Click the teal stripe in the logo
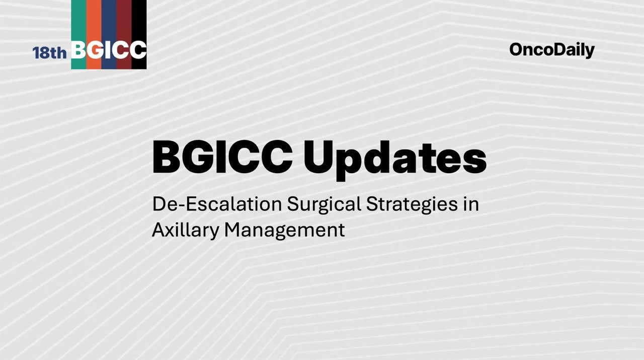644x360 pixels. pos(78,20)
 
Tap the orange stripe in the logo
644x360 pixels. pos(94,20)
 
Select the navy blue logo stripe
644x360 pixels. pos(109,20)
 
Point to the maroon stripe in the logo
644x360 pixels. pos(124,20)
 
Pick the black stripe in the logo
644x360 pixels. pos(139,20)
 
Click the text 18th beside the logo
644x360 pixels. pos(50,52)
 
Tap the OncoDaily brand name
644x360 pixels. pos(552,50)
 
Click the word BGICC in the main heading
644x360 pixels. pos(222,157)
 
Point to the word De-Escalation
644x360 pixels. pos(217,204)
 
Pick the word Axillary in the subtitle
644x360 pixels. pos(186,230)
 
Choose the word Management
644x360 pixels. pos(284,230)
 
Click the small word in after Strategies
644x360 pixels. pos(471,204)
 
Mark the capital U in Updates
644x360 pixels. pos(319,157)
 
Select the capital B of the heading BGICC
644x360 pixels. pos(166,157)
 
